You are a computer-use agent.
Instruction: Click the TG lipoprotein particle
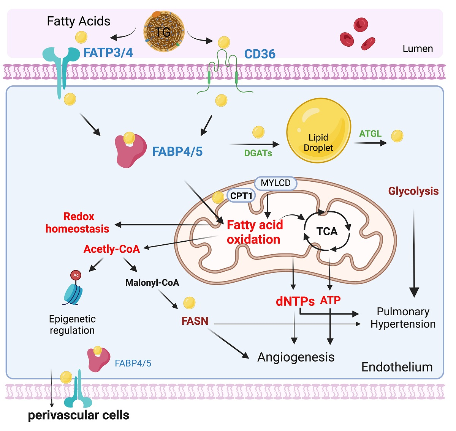[164, 31]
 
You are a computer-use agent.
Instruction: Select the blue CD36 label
[260, 54]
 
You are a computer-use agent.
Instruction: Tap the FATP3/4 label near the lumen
[108, 53]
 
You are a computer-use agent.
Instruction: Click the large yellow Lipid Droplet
[318, 131]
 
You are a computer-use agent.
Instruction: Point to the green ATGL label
[370, 134]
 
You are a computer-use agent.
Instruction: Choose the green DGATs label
[258, 153]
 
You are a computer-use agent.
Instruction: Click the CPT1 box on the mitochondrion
[241, 196]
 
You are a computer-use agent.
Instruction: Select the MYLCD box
[275, 183]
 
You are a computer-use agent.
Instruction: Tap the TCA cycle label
[327, 231]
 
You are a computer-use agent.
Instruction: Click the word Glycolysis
[413, 191]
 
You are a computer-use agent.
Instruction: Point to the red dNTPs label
[295, 302]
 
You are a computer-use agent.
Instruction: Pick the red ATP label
[330, 300]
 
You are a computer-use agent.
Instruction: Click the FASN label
[195, 321]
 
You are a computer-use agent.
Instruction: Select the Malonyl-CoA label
[152, 283]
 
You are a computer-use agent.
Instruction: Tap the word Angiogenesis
[296, 357]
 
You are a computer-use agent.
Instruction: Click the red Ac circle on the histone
[76, 275]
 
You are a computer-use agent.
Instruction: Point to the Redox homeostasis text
[78, 223]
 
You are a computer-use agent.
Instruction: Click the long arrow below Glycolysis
[414, 254]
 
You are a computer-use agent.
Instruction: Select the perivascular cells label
[79, 415]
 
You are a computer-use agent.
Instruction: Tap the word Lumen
[418, 49]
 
